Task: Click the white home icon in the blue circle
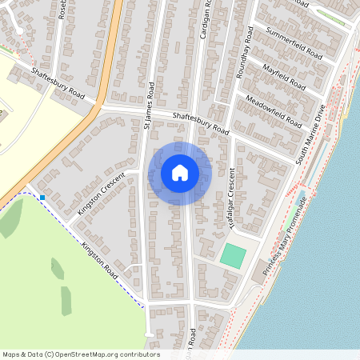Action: (x=180, y=173)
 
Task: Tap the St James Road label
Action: (x=149, y=105)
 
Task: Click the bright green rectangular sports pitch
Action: (x=233, y=256)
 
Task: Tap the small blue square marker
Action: (x=42, y=197)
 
